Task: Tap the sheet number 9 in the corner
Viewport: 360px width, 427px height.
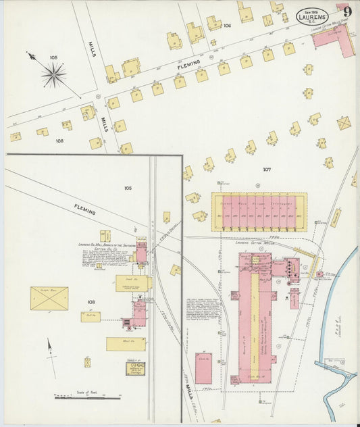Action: click(x=346, y=11)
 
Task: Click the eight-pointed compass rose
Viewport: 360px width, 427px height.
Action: click(x=53, y=74)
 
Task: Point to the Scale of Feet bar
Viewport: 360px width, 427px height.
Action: click(x=88, y=397)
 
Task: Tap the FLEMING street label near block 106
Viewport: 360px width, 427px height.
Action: click(x=189, y=65)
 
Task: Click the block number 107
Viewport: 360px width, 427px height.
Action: click(x=266, y=170)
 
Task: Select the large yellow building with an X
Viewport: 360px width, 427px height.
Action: click(x=49, y=298)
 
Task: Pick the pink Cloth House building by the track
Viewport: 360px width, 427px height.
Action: click(x=203, y=368)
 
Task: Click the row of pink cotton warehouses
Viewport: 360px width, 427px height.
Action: click(x=259, y=211)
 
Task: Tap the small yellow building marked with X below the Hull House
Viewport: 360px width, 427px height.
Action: click(x=88, y=362)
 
